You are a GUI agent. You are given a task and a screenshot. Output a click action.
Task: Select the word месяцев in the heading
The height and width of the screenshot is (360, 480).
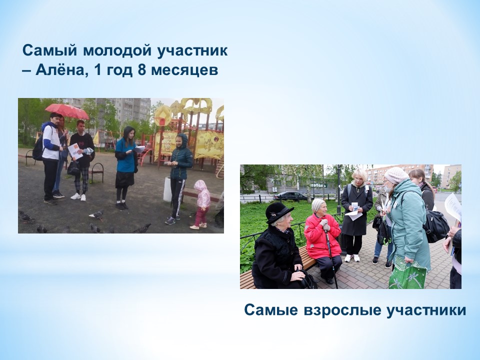coord(184,70)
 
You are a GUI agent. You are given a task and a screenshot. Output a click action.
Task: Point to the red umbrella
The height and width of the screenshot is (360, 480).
coord(67,111)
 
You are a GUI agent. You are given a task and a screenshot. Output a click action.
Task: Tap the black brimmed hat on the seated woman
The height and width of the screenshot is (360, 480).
coord(278,212)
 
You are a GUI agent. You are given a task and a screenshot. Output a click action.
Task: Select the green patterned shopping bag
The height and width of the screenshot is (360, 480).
coord(407,273)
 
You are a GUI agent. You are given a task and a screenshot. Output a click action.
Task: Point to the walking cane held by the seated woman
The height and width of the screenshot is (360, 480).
coord(331,256)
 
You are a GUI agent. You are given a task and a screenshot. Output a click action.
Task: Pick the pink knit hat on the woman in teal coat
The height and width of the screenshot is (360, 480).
coord(396,175)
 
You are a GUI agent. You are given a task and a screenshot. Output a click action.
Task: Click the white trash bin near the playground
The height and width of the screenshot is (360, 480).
coord(167,189)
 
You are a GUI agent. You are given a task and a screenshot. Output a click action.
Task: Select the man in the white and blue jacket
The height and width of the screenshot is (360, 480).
coord(51,158)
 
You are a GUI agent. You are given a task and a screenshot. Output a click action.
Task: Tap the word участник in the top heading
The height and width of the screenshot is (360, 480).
coord(192,51)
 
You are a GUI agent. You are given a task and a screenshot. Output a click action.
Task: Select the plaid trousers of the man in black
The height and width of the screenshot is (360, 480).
coord(81,180)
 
